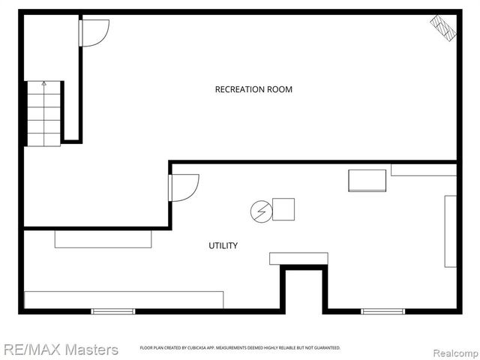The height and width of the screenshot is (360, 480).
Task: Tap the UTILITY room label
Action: [x=223, y=245]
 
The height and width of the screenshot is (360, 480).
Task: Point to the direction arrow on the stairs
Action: [x=43, y=84]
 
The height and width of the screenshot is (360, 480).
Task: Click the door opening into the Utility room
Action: [x=184, y=187]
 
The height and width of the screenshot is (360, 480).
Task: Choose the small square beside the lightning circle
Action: [x=283, y=209]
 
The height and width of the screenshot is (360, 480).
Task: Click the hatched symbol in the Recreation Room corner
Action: [x=442, y=29]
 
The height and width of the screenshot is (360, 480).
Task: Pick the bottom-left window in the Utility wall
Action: [x=113, y=311]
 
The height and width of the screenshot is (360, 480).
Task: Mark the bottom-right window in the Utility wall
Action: [x=382, y=311]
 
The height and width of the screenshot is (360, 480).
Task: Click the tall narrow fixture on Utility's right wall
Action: [x=450, y=231]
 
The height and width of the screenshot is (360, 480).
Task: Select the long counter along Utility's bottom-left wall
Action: [x=124, y=299]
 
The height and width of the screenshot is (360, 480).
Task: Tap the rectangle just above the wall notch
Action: [x=298, y=259]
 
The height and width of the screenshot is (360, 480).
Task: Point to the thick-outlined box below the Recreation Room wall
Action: [x=367, y=181]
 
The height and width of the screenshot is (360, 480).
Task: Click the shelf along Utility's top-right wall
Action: [x=424, y=170]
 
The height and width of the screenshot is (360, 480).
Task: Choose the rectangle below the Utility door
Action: [x=103, y=239]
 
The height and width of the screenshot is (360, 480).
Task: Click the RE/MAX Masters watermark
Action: [x=60, y=349]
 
